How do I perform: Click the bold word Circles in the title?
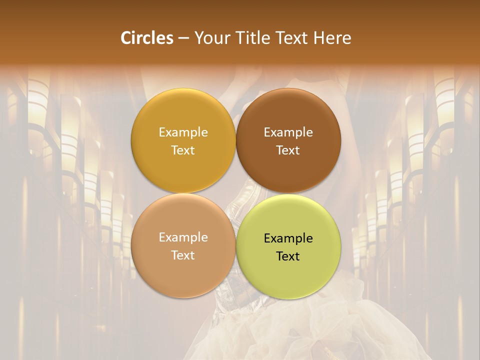(x=147, y=38)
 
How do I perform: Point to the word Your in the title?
(x=210, y=38)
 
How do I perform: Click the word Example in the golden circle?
(x=183, y=132)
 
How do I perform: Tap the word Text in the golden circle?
(x=183, y=150)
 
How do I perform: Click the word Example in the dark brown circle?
(x=288, y=132)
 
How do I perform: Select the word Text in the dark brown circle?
(x=288, y=150)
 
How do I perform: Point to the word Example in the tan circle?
(x=183, y=237)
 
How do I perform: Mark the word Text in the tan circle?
(x=183, y=255)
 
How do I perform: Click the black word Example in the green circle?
(x=288, y=238)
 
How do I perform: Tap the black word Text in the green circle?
(x=288, y=256)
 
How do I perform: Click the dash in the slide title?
(x=183, y=38)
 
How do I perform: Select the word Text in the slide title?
(x=290, y=38)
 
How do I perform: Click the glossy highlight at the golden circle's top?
(x=183, y=98)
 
